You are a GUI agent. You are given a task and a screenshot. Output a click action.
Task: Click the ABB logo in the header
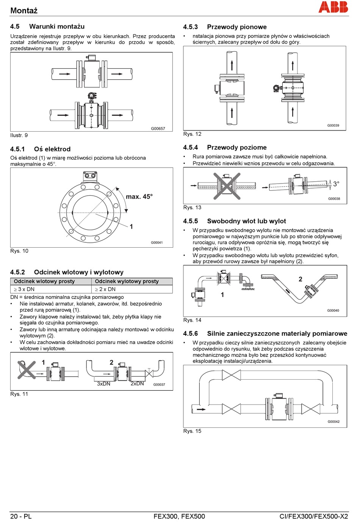click(333, 7)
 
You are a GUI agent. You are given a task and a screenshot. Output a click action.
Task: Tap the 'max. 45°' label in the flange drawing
click(139, 196)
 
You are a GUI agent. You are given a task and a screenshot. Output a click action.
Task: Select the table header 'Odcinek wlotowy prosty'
click(44, 281)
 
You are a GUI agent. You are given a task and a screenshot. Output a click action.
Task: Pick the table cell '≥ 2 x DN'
click(105, 289)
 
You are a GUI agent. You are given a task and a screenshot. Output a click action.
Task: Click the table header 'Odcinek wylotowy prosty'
click(127, 281)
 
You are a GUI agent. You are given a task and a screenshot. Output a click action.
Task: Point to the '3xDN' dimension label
click(103, 384)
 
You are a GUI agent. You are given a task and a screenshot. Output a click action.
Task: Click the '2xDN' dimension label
click(137, 383)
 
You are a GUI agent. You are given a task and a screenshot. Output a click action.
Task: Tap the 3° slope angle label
click(336, 184)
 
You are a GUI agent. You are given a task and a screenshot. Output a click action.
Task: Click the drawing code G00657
click(158, 129)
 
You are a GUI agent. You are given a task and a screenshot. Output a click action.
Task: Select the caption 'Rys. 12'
click(193, 134)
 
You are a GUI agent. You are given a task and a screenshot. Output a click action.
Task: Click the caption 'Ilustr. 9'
click(19, 135)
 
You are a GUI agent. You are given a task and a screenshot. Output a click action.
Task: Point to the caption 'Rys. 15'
click(193, 431)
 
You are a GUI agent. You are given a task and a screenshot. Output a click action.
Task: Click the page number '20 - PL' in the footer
click(21, 516)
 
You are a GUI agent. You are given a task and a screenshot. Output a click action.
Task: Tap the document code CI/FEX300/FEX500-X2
click(313, 516)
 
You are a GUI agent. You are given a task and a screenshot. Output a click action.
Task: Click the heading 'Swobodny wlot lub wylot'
click(246, 221)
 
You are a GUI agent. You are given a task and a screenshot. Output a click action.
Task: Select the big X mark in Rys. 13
click(227, 186)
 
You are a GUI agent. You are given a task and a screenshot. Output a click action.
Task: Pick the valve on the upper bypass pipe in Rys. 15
click(231, 375)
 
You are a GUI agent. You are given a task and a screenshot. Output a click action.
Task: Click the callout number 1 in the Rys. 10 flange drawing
click(131, 226)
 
